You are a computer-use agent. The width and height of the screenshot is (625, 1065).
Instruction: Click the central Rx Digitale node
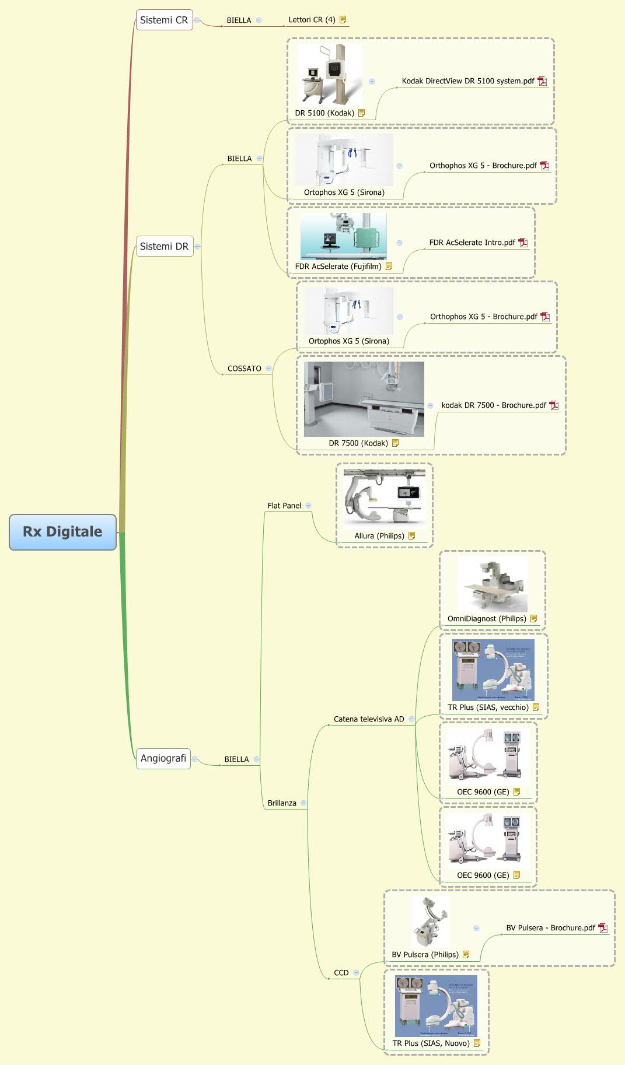pos(62,531)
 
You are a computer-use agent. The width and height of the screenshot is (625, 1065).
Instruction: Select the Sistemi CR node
pos(164,20)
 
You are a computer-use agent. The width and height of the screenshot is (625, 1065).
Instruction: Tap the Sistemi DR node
pos(164,246)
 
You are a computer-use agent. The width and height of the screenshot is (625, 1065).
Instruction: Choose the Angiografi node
pos(163,758)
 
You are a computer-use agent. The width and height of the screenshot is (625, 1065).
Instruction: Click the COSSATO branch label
pos(245,369)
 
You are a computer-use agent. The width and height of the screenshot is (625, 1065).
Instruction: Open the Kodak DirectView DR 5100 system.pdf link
pos(468,81)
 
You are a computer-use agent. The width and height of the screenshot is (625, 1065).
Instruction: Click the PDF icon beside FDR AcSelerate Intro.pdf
pos(523,243)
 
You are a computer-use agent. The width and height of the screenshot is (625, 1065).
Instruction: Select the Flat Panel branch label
pos(284,506)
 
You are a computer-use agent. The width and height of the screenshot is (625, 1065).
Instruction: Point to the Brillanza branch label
pos(282,803)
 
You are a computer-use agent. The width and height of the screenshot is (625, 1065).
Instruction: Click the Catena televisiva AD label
pos(369,719)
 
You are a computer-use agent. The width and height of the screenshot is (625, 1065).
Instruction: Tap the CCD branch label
pos(341,973)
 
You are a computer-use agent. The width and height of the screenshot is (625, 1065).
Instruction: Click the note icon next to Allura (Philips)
pos(412,535)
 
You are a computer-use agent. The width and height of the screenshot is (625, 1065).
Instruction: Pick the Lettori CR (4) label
pos(312,20)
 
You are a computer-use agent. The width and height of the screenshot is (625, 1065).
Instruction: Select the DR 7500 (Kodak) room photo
pos(364,399)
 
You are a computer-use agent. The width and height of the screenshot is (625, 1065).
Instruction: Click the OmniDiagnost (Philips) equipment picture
pos(492,585)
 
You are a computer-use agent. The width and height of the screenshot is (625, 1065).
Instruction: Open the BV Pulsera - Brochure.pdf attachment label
pos(550,928)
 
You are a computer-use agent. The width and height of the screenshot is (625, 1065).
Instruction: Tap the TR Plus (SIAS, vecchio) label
pos(488,707)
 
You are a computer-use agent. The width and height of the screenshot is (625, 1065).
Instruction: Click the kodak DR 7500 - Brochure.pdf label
pos(494,405)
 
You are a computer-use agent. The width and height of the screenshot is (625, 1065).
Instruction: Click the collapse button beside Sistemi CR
pos(197,20)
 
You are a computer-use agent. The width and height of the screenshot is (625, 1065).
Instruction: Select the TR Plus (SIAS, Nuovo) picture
pos(436,1006)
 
